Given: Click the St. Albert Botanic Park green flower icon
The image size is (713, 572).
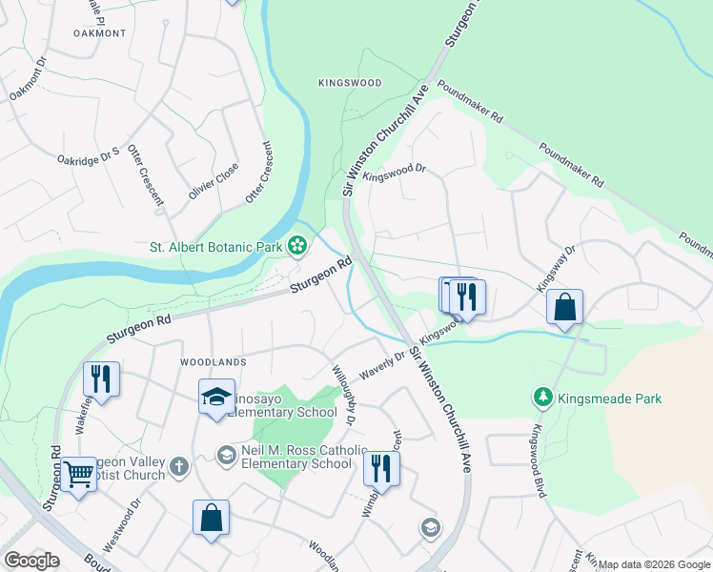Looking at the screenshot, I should pos(297,247).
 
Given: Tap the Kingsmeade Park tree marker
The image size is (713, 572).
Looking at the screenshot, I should pos(542,397).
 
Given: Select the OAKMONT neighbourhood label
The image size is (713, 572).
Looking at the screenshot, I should pos(99,33).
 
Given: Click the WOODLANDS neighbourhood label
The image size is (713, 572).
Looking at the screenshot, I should pos(214,362).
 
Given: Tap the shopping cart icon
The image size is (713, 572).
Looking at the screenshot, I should pos(79,474).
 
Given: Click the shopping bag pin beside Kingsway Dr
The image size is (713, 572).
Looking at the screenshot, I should pos(564,308).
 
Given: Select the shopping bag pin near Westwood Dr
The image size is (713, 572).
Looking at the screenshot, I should pos(212,519).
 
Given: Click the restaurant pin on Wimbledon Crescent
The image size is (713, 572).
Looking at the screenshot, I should pos(381,468).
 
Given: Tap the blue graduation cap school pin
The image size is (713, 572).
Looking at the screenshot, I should pos(216,396).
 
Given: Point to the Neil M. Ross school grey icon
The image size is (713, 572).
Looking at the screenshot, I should pos(226,455).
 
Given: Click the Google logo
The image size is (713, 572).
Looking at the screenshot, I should pos(31,561).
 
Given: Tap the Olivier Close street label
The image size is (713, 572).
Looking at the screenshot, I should pos(214,179).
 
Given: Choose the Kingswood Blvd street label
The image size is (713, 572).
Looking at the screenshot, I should pos(540,460).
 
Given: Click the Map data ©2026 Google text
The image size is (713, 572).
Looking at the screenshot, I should pos(654,564).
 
